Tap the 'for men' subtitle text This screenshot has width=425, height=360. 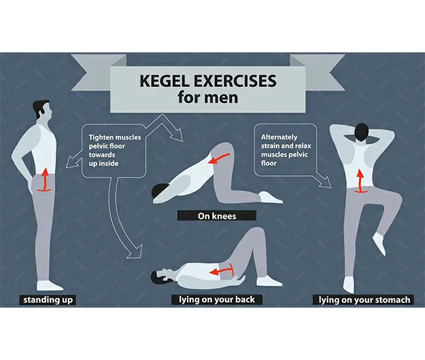click(x=208, y=97)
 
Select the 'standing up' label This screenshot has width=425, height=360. click(x=48, y=300)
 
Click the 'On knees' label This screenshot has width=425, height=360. click(x=217, y=216)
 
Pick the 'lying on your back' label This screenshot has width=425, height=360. click(x=217, y=300)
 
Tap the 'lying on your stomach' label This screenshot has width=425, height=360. click(x=364, y=300)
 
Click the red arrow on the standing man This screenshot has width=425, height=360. click(x=44, y=180)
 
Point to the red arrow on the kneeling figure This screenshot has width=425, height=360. click(x=219, y=158)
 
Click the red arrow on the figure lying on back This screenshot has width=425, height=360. click(x=222, y=270)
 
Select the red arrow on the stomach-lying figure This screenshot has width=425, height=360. click(x=360, y=181)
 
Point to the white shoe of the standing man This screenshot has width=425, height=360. click(x=49, y=285)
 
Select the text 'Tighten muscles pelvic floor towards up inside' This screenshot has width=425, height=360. click(x=114, y=151)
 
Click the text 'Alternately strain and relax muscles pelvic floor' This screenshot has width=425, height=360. click(x=286, y=150)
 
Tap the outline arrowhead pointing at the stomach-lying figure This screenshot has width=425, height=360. click(x=325, y=183)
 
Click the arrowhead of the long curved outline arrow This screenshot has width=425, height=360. click(x=135, y=252)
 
